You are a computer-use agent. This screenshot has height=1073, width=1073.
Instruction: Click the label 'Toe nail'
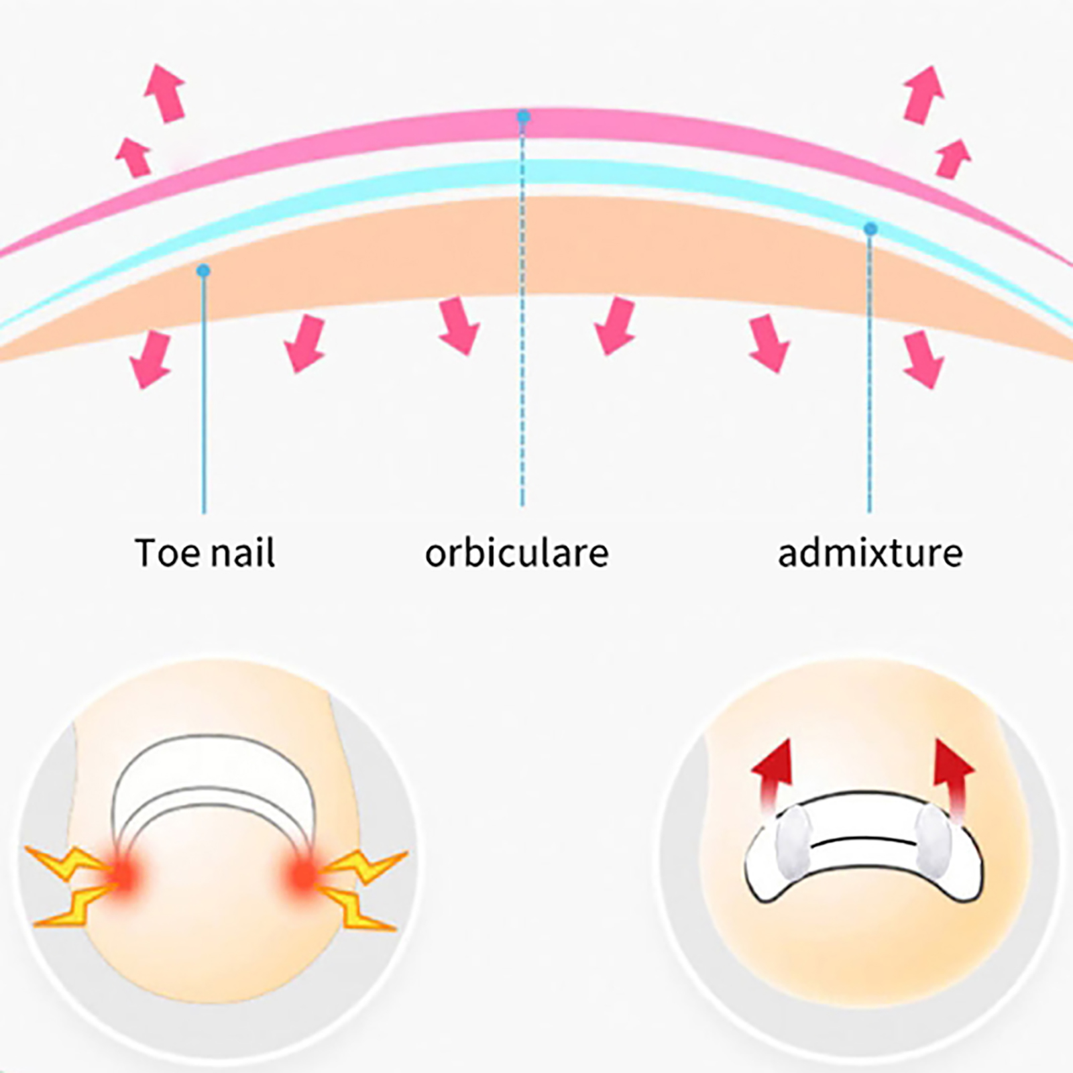205,553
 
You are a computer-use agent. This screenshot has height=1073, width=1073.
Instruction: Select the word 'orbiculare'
516,553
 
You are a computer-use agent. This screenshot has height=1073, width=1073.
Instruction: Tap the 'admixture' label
870,553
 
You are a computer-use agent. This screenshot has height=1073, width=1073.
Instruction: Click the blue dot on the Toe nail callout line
204,271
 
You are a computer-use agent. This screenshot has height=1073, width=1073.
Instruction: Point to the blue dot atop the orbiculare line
523,117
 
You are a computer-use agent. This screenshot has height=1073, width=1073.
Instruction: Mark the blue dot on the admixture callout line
870,229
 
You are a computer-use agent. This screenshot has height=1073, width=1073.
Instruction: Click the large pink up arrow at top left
165,93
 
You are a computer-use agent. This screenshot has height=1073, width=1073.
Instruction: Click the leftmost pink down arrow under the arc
151,359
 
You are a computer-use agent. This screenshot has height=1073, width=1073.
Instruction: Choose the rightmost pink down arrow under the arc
923,359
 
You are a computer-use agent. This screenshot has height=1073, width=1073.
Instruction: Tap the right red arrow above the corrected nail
953,775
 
